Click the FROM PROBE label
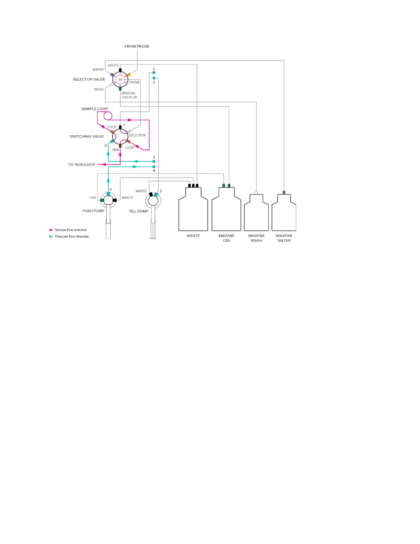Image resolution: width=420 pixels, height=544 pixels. point(137,46)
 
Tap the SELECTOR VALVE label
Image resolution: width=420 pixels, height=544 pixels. point(89,79)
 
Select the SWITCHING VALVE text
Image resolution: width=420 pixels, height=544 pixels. point(87,136)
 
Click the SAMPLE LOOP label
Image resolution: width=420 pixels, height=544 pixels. point(94,109)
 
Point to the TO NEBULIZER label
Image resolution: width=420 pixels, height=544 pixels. point(82,165)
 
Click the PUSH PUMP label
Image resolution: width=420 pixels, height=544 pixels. point(93,211)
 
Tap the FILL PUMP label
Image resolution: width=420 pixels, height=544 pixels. point(139,211)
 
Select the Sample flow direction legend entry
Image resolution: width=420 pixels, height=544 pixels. point(71,230)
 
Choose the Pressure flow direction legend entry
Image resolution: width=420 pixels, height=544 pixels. point(72,236)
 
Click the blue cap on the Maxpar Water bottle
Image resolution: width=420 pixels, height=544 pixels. point(284,192)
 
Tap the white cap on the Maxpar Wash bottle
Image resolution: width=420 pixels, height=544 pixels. point(256,192)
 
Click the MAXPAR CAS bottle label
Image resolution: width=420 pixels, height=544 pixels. point(226,238)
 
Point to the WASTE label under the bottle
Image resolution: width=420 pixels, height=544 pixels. point(193,236)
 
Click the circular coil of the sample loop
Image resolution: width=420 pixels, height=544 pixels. point(108,116)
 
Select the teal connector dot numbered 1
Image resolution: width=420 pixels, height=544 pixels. point(154,73)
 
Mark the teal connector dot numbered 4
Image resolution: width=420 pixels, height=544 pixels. point(154,167)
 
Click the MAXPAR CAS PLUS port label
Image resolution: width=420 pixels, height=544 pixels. point(129,95)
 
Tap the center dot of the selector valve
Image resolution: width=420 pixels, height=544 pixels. point(120,80)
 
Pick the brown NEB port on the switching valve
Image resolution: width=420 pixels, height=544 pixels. point(120,146)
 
